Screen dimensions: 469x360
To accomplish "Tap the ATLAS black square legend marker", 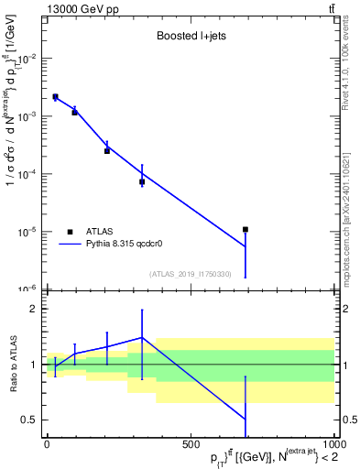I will [71, 232].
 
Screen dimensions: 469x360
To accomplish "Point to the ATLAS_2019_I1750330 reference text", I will [191, 274].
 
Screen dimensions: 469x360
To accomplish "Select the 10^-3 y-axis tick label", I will [29, 116].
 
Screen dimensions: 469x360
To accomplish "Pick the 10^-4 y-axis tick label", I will [29, 174].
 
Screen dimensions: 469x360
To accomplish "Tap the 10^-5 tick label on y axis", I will [29, 232].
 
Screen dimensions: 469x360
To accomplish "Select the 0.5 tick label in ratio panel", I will [33, 420].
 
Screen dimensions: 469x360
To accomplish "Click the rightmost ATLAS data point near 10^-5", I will [245, 229].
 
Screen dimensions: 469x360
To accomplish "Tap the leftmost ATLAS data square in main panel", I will [55, 96].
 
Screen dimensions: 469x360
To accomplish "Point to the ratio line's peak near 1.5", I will [142, 337].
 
